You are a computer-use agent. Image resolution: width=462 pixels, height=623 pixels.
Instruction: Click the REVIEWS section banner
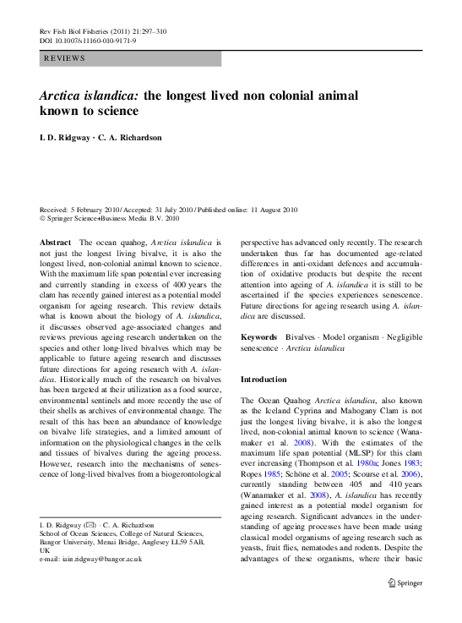[x=130, y=59]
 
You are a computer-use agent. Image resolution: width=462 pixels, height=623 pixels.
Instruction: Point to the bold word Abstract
[x=56, y=242]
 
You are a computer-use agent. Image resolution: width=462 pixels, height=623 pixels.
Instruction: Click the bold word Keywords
[x=258, y=336]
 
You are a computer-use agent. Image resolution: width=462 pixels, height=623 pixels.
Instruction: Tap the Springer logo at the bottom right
[x=405, y=606]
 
